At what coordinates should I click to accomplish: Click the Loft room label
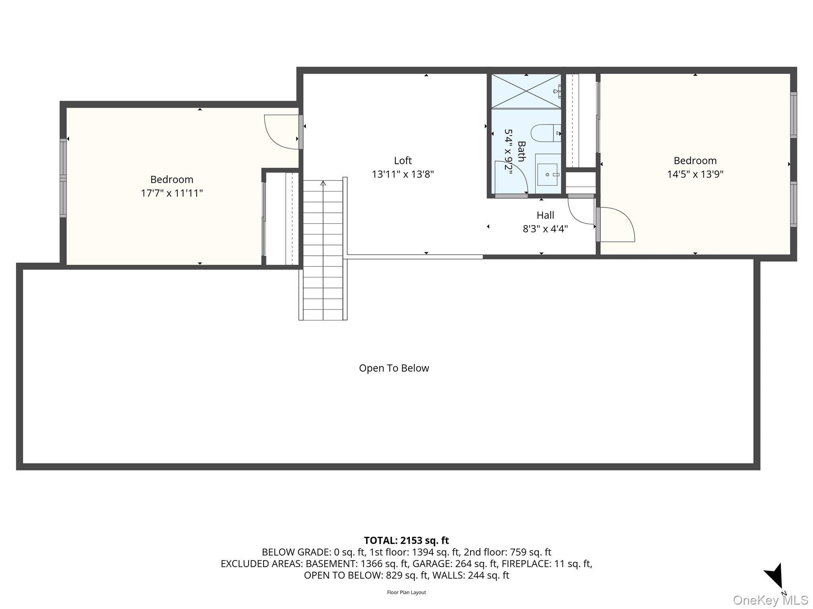pyautogui.click(x=403, y=161)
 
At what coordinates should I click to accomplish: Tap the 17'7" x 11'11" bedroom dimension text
pyautogui.click(x=172, y=193)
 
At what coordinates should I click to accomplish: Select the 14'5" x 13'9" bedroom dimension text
pyautogui.click(x=695, y=174)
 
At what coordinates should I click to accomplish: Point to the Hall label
pyautogui.click(x=545, y=215)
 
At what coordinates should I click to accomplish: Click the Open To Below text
pyautogui.click(x=394, y=368)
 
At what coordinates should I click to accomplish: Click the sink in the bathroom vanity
pyautogui.click(x=548, y=174)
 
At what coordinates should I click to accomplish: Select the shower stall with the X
pyautogui.click(x=526, y=91)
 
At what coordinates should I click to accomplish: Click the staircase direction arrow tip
pyautogui.click(x=323, y=182)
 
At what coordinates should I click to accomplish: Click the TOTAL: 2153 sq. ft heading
pyautogui.click(x=406, y=540)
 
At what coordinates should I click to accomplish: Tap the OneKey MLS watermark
pyautogui.click(x=771, y=600)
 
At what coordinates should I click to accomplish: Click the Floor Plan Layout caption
pyautogui.click(x=406, y=592)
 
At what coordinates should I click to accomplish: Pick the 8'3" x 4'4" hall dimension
pyautogui.click(x=545, y=229)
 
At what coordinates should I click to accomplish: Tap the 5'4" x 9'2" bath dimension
pyautogui.click(x=509, y=149)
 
